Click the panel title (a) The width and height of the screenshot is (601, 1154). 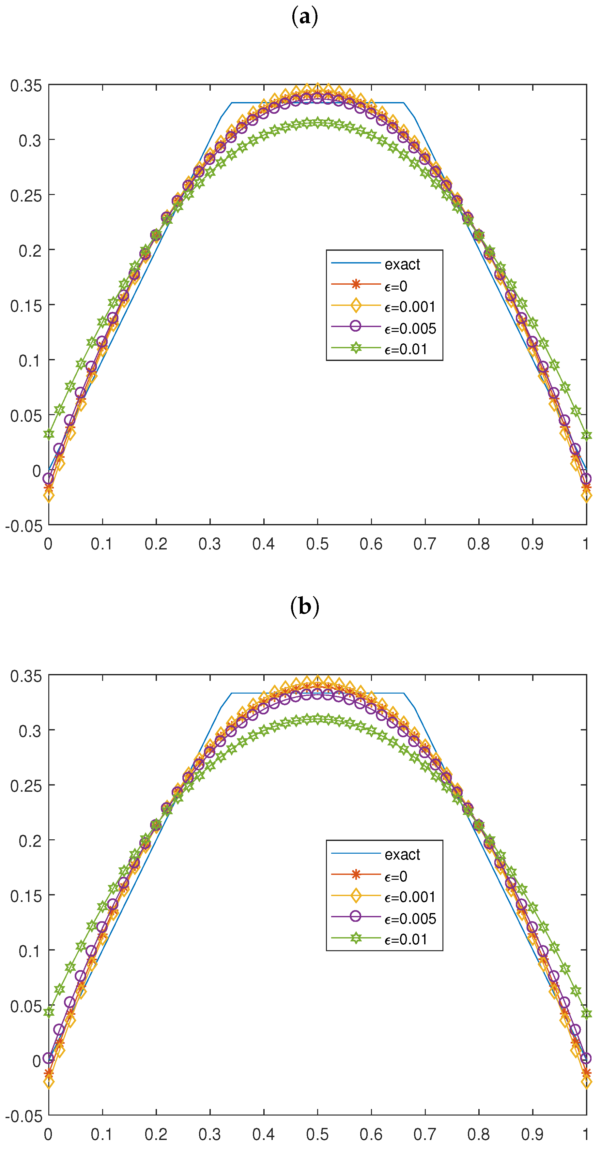point(304,17)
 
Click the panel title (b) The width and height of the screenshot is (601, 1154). point(304,607)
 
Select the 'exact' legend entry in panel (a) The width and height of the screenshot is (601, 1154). point(402,264)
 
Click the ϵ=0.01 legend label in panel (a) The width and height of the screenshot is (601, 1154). point(406,349)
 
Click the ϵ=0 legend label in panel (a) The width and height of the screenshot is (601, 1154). point(396,286)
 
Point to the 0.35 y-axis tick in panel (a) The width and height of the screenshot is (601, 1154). point(26,85)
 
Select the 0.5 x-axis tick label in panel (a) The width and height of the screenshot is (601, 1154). point(317,544)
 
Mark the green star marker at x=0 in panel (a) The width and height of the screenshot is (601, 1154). point(49,434)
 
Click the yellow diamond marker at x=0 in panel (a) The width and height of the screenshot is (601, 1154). point(49,495)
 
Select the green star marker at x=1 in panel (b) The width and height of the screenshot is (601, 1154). point(586,1014)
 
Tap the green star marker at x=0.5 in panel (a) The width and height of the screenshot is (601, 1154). point(317,122)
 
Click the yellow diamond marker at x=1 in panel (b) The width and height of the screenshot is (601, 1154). point(586,1082)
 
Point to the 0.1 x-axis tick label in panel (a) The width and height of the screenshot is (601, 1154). point(102,544)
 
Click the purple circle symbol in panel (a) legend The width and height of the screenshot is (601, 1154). point(355,326)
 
